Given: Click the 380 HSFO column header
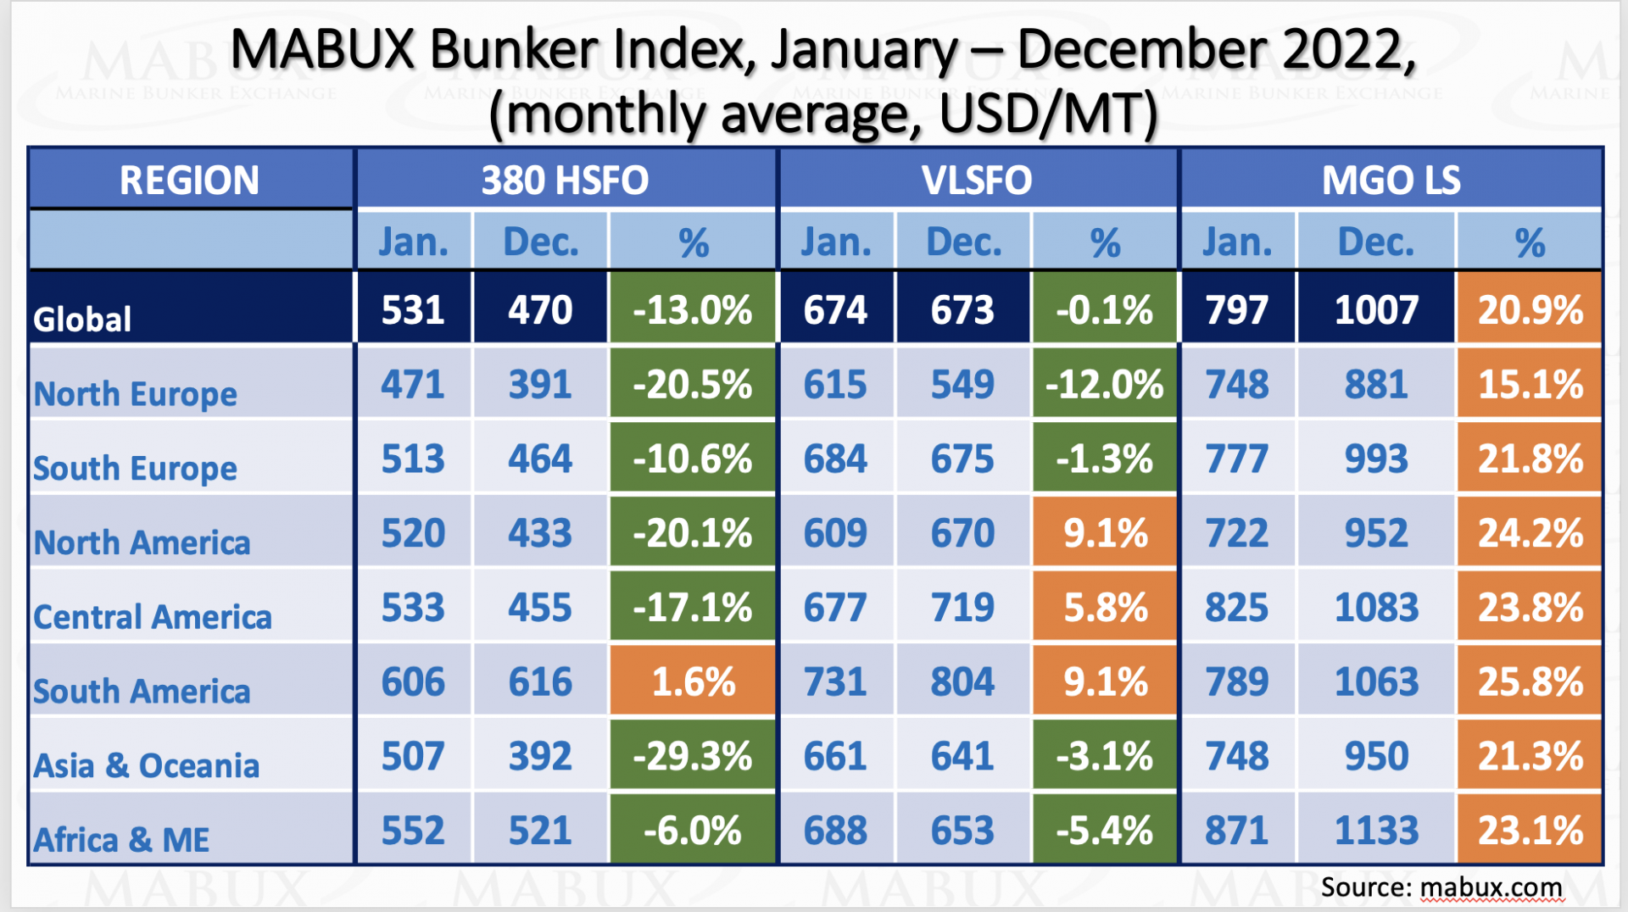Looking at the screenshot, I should pyautogui.click(x=565, y=181).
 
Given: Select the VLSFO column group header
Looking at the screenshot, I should pyautogui.click(x=977, y=181).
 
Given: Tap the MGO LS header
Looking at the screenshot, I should pyautogui.click(x=1391, y=181).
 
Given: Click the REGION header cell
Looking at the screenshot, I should pyautogui.click(x=190, y=181).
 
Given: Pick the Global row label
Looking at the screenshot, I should pyautogui.click(x=83, y=320).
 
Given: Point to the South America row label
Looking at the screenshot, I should pyautogui.click(x=142, y=692).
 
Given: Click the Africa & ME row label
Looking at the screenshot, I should pyautogui.click(x=121, y=840).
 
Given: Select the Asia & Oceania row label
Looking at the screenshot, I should pyautogui.click(x=146, y=765).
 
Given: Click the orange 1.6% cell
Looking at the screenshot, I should pyautogui.click(x=693, y=682).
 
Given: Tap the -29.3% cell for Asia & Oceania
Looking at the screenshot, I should pyautogui.click(x=693, y=756).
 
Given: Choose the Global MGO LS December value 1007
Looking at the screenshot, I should pyautogui.click(x=1376, y=310).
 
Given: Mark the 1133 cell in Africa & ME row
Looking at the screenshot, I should pyautogui.click(x=1376, y=831).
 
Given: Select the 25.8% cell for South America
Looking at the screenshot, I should pyautogui.click(x=1530, y=682).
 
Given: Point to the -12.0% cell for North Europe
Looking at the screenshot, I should pyautogui.click(x=1105, y=385).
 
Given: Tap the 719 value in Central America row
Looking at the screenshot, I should pyautogui.click(x=962, y=608).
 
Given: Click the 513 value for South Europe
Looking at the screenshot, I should pyautogui.click(x=413, y=459).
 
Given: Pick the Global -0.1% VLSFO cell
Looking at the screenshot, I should pyautogui.click(x=1105, y=310).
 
